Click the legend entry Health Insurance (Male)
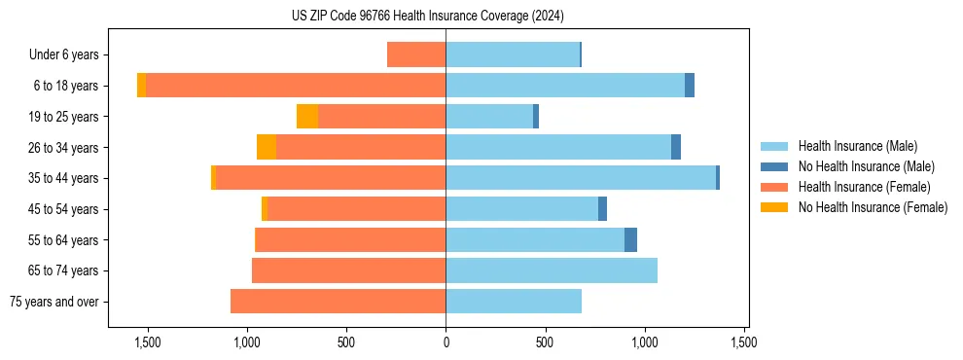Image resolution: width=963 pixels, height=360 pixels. [x=857, y=146]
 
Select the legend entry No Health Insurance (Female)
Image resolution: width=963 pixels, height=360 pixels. [x=873, y=207]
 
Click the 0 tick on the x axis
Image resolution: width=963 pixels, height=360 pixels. [x=446, y=342]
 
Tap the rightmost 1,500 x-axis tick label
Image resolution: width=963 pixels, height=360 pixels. [x=744, y=342]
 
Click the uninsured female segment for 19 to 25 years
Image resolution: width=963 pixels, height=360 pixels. [x=307, y=117]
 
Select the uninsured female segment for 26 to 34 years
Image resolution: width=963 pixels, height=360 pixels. [x=267, y=147]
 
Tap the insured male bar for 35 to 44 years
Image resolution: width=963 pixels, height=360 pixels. [x=581, y=178]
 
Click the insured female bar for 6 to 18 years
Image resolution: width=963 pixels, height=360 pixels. [x=296, y=86]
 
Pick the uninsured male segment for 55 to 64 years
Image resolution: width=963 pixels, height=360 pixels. [x=630, y=239]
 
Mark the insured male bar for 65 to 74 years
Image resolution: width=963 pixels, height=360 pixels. [x=552, y=270]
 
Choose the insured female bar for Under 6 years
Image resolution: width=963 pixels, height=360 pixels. [x=416, y=54]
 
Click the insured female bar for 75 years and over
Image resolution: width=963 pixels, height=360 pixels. [x=338, y=302]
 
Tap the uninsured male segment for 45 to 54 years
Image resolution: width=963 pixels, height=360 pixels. [x=602, y=209]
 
